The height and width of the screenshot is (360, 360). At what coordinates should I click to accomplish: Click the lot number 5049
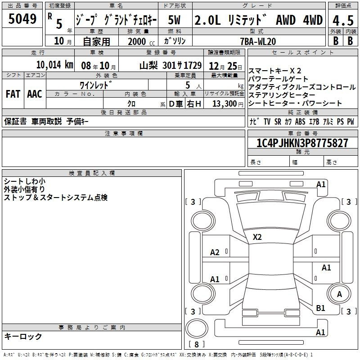(x=22, y=19)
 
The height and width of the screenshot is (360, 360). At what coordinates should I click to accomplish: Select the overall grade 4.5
(x=343, y=21)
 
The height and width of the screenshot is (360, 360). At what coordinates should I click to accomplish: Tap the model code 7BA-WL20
(x=258, y=41)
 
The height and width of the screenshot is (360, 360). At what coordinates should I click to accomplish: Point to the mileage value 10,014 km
(x=55, y=65)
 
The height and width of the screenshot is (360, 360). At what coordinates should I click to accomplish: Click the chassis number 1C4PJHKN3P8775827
(x=302, y=143)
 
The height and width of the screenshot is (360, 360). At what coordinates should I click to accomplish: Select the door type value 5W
(x=174, y=20)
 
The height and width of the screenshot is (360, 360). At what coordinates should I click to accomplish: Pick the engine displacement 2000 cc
(x=141, y=41)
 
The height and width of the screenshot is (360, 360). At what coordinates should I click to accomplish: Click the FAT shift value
(x=13, y=94)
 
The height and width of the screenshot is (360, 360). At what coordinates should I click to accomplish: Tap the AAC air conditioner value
(x=35, y=94)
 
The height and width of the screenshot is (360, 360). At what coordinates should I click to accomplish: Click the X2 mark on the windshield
(x=257, y=237)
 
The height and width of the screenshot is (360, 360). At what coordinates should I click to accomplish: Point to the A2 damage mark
(x=215, y=252)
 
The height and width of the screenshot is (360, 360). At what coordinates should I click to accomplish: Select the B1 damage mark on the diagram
(x=320, y=308)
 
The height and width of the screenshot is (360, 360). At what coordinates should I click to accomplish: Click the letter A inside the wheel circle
(x=339, y=294)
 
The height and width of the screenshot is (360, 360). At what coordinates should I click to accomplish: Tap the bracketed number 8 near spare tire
(x=197, y=344)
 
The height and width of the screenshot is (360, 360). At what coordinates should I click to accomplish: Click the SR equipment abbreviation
(x=278, y=121)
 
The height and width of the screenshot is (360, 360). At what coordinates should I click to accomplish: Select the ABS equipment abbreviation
(x=300, y=121)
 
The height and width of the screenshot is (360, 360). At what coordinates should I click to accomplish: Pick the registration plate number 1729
(x=193, y=65)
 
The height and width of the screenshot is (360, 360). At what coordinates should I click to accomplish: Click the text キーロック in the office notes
(x=23, y=336)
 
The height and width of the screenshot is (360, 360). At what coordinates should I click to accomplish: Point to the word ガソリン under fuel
(x=175, y=41)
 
